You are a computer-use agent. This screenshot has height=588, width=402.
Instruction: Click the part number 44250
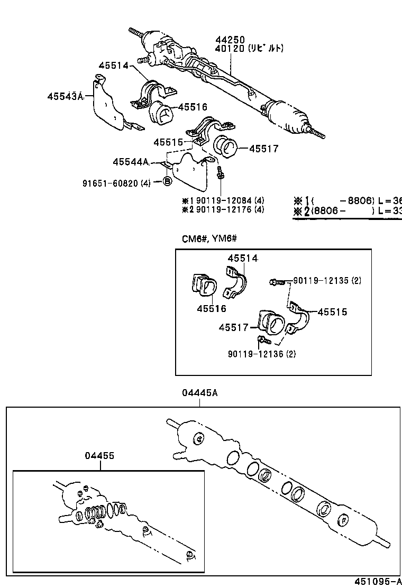pos(230,40)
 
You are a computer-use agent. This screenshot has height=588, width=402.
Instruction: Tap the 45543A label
pos(66,96)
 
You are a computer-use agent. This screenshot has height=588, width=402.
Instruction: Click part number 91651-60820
pos(110,183)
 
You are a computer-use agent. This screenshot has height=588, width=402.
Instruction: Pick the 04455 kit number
pos(99,456)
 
